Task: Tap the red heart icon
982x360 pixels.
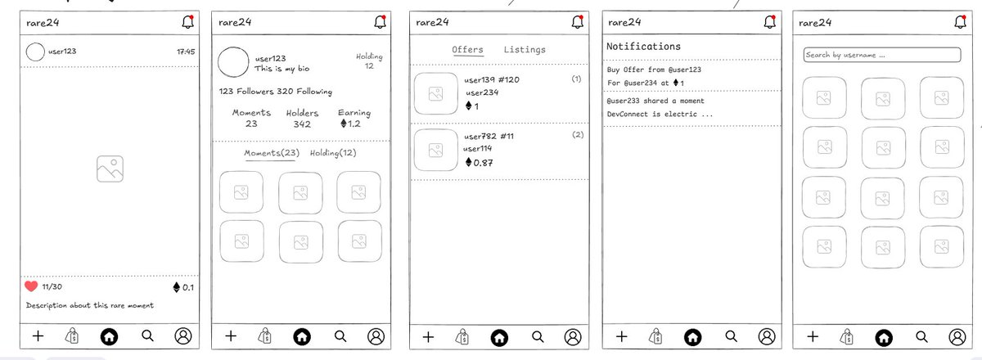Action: click(31, 286)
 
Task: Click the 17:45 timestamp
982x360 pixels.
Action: click(186, 52)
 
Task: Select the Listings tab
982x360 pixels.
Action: click(525, 50)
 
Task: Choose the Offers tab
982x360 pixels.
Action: click(467, 50)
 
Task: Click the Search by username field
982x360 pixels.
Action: click(882, 55)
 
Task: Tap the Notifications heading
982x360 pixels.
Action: click(643, 47)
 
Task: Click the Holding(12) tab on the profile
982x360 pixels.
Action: click(333, 153)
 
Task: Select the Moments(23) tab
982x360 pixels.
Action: click(272, 153)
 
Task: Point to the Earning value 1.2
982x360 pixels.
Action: click(350, 124)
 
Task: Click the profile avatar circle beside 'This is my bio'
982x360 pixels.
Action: click(233, 62)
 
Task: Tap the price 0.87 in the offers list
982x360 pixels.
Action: click(479, 163)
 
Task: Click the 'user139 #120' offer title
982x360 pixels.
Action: click(492, 80)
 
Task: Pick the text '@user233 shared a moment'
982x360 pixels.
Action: click(655, 101)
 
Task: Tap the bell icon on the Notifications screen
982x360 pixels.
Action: click(770, 22)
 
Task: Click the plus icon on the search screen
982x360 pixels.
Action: click(813, 336)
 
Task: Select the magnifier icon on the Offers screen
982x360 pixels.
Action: click(538, 337)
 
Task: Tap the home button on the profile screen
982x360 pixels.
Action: click(302, 337)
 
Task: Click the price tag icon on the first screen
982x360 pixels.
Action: click(72, 336)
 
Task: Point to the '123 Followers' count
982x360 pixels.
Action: click(246, 91)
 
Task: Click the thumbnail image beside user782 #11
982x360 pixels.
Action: click(435, 150)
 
